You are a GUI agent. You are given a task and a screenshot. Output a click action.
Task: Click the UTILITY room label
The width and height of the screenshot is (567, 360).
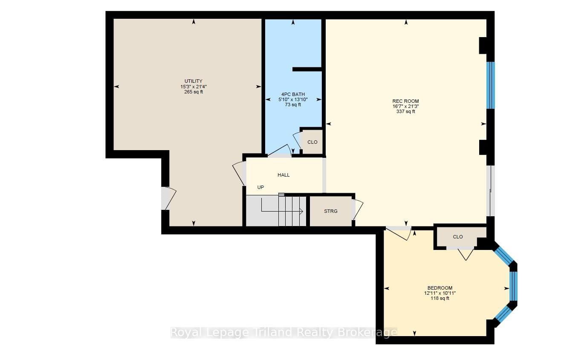(x=194, y=81)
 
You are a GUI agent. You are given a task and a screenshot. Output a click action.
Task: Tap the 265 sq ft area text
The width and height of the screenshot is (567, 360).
(x=194, y=92)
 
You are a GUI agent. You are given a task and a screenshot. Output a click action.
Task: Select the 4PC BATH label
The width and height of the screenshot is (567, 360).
(x=293, y=94)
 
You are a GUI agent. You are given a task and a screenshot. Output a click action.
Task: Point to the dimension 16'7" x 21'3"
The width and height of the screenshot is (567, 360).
(x=405, y=106)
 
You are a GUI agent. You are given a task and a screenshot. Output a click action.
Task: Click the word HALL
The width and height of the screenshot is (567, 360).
(x=283, y=175)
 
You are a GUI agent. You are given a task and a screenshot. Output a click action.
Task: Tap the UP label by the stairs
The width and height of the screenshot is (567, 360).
(x=260, y=187)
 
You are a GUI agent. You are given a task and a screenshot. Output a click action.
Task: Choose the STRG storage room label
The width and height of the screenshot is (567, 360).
(x=330, y=211)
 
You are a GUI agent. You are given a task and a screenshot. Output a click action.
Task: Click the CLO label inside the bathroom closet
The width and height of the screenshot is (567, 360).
(x=312, y=142)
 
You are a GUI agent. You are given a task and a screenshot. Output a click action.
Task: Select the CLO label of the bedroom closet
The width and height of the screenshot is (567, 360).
(x=458, y=237)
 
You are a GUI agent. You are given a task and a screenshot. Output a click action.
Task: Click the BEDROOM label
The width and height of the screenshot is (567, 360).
(x=440, y=288)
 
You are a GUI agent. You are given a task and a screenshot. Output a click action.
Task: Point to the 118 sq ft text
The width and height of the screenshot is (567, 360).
(x=440, y=299)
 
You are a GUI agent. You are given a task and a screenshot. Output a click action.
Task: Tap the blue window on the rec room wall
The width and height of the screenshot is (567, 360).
(x=491, y=85)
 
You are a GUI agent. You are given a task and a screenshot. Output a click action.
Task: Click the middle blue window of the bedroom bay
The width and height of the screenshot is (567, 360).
(x=513, y=286)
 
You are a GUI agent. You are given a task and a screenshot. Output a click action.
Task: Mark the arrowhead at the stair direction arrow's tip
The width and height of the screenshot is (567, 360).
(x=301, y=211)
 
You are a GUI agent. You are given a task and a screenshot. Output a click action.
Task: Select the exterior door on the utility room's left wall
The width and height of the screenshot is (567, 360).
(x=168, y=198)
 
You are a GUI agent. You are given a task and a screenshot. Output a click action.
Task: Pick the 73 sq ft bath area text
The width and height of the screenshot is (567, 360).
(x=293, y=105)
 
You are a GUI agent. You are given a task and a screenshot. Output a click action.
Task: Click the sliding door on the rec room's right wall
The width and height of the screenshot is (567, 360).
(x=491, y=191)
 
